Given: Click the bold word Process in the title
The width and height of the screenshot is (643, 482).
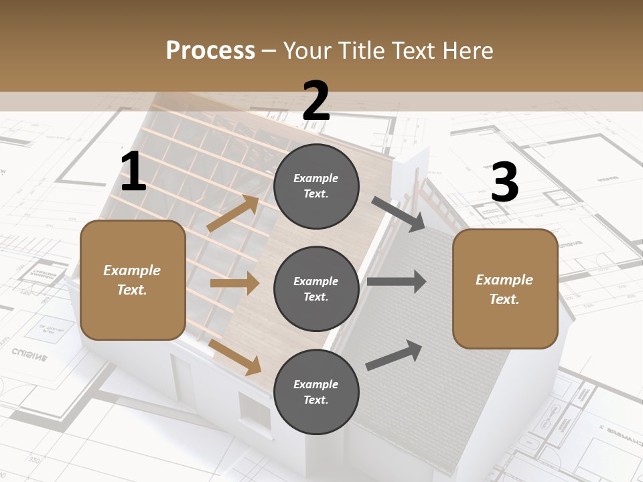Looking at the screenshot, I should (210, 50).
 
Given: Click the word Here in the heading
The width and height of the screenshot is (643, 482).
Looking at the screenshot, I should (466, 50).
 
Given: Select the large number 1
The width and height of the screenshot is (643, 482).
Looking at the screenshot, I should (133, 172).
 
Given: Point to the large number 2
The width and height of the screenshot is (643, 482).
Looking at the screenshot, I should (316, 101).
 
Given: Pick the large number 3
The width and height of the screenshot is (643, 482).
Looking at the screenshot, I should (504, 183).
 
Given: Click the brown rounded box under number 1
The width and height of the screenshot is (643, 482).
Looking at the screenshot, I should (133, 280).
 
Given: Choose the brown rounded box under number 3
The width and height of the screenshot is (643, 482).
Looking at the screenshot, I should (505, 289).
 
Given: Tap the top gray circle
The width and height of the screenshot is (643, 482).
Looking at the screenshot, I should (316, 186).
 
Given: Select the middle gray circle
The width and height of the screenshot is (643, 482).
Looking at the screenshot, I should (316, 289).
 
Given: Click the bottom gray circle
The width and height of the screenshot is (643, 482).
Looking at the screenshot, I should (316, 392).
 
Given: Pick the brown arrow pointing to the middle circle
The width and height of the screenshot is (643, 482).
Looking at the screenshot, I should (234, 283).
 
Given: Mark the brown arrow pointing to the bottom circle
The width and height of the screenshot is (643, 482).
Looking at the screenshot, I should (235, 357).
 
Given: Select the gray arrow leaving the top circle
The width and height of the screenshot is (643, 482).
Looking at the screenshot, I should (399, 214).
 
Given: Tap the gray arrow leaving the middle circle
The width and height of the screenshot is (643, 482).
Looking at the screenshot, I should (397, 282).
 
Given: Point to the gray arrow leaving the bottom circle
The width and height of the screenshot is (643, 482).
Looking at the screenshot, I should (395, 355).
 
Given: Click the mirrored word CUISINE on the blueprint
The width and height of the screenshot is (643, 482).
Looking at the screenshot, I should (29, 353).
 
